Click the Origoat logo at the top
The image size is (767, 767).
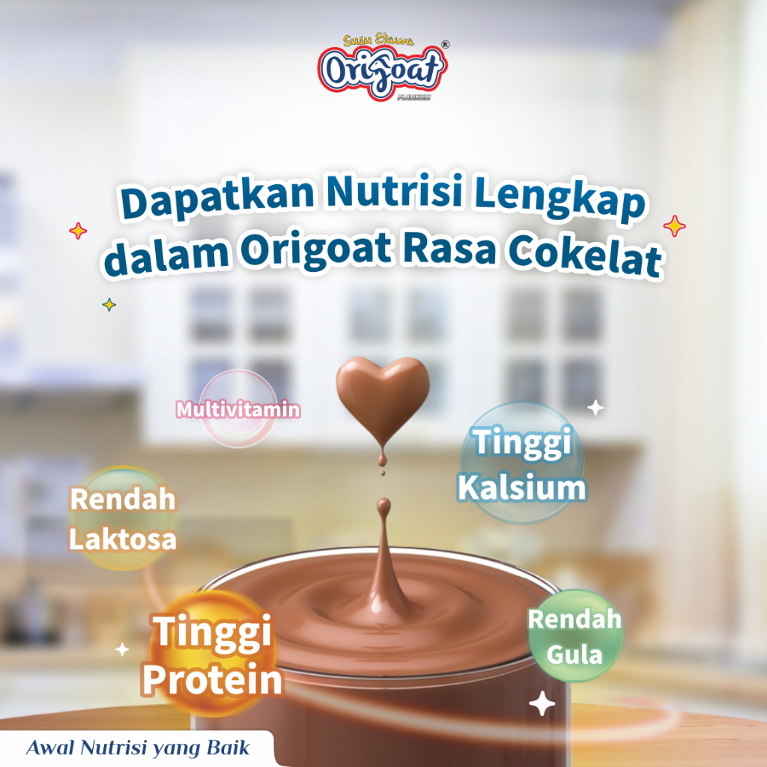383,67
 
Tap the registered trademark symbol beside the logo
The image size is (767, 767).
445,44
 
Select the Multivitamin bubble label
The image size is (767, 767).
238,409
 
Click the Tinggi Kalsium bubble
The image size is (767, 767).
522,463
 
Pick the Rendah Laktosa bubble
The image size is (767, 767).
123,518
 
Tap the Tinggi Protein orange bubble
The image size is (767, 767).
212,655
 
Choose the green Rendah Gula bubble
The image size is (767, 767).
575,636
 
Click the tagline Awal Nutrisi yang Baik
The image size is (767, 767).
138,748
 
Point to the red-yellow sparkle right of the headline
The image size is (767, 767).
675,226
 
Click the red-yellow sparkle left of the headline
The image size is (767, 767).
78,231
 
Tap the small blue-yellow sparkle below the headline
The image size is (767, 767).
109,305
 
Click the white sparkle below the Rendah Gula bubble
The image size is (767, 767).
542,703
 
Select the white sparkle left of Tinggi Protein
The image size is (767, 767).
122,649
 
